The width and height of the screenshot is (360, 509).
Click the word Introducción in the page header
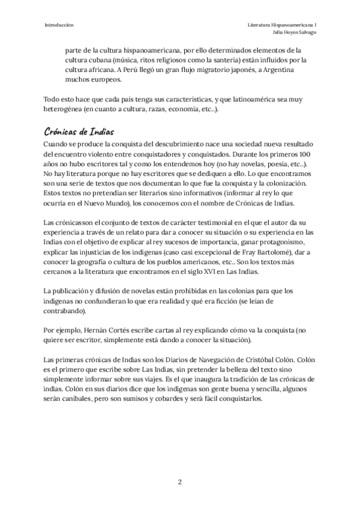(59, 25)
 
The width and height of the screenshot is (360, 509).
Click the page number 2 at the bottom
(179, 482)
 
